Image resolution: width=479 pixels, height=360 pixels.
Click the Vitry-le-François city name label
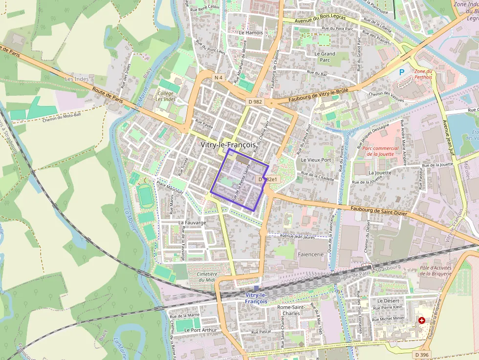[x=228, y=145]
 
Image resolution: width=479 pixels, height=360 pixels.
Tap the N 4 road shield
[x=218, y=77]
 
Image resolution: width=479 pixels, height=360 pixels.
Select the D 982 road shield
[x=255, y=102]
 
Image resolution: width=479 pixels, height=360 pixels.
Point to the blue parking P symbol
[x=402, y=72]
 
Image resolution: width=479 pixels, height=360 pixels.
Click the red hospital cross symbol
[x=421, y=320]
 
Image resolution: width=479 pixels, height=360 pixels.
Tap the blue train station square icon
[x=256, y=288]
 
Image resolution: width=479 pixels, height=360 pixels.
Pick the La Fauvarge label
[x=192, y=222]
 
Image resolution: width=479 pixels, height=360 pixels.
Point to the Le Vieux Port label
[x=316, y=160]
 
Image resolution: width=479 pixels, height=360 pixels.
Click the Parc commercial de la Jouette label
[x=383, y=151]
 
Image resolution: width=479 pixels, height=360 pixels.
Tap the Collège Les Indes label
[x=165, y=96]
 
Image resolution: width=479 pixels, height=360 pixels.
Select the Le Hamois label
[x=251, y=33]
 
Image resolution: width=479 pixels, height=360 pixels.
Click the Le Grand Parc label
[x=325, y=57]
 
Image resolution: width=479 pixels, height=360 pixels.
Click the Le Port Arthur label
[x=200, y=330]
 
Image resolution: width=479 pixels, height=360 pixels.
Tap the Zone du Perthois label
[x=423, y=74]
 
